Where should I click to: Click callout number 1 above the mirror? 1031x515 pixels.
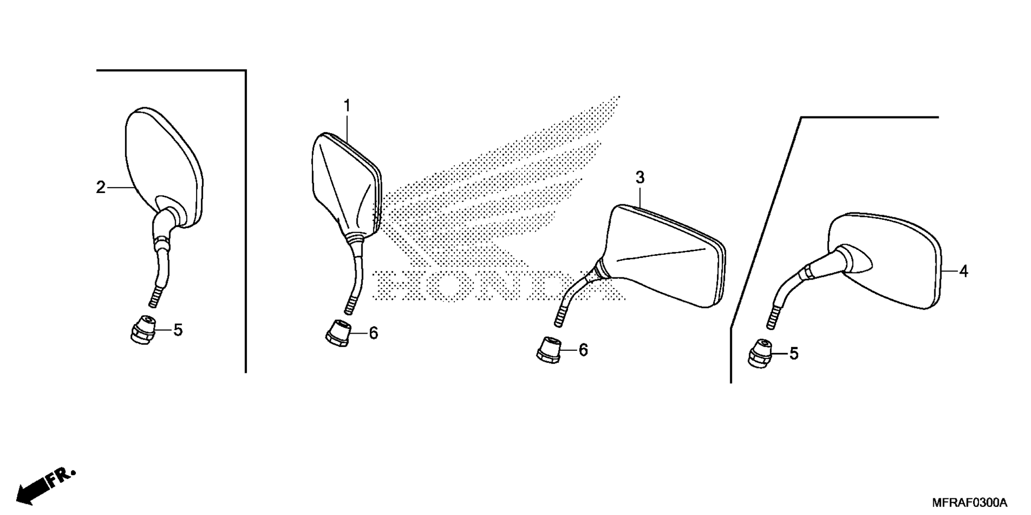point(347,106)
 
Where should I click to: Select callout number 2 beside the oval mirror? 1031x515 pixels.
point(100,188)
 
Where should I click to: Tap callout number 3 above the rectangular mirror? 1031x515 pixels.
point(640,178)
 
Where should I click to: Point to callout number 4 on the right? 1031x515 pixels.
point(964,271)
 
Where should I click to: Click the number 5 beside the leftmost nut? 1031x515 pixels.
point(178,330)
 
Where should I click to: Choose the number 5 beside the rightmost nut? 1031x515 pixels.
point(794,354)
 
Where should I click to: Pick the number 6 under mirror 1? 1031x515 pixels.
point(373,333)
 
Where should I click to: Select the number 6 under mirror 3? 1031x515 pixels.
point(583,350)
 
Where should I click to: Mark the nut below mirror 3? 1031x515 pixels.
point(548,350)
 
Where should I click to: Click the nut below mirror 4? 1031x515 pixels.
point(760,354)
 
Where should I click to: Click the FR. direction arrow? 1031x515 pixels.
point(45,485)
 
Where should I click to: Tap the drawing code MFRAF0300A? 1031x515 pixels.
point(970,503)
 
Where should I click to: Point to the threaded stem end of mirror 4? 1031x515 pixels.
point(772,318)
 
